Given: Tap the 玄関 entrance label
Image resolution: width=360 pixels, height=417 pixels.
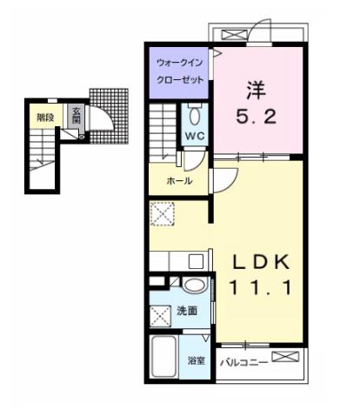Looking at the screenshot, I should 76,115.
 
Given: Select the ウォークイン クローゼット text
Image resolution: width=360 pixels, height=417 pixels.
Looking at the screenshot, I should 180,71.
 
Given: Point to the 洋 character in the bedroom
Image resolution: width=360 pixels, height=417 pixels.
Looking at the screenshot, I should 254,89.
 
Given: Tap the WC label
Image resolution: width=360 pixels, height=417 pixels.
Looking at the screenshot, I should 194,137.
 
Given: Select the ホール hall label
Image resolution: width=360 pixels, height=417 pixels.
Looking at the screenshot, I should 180,181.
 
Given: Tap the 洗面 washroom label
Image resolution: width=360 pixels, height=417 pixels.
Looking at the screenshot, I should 187,311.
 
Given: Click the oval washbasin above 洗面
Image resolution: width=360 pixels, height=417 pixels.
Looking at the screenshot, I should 195,285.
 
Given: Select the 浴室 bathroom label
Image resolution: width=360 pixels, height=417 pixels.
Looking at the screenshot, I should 197,360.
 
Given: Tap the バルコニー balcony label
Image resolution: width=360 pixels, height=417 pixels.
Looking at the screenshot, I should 242,360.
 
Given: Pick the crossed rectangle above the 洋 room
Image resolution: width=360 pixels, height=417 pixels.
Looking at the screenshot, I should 235,36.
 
